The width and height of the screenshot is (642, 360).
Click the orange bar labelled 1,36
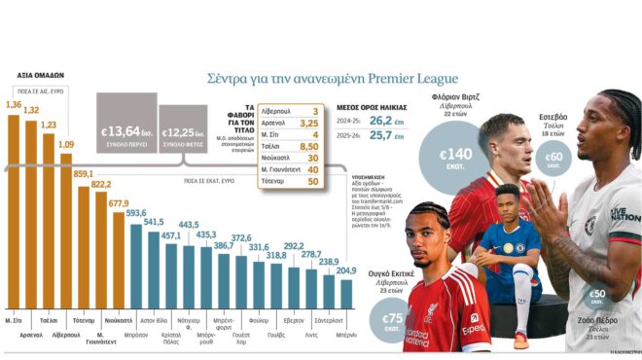pyautogui.click(x=14, y=214)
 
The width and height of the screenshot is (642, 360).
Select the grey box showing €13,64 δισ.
pyautogui.click(x=126, y=132)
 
